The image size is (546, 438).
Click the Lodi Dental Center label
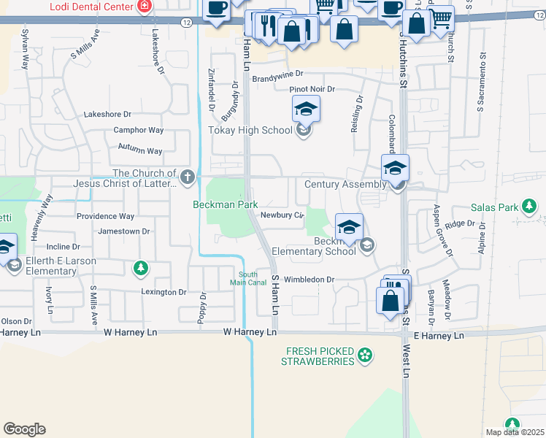coord(91,7)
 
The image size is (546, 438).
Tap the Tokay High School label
coord(250,131)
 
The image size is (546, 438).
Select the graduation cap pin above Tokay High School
coord(306,110)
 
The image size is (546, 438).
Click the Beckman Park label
coord(224,205)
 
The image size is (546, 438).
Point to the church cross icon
coord(188,176)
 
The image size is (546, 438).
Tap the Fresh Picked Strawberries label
coord(320,356)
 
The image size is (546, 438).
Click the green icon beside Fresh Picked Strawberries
coord(365,356)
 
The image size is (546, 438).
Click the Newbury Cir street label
coord(281,215)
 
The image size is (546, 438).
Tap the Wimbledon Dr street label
coord(309,280)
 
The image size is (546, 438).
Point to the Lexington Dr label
coord(164,292)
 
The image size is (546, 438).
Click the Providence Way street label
coord(106,217)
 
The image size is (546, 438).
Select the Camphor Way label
coord(138,131)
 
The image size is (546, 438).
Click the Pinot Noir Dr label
coord(312,89)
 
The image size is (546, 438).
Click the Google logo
coord(24,429)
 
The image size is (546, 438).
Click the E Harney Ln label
coord(439,336)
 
